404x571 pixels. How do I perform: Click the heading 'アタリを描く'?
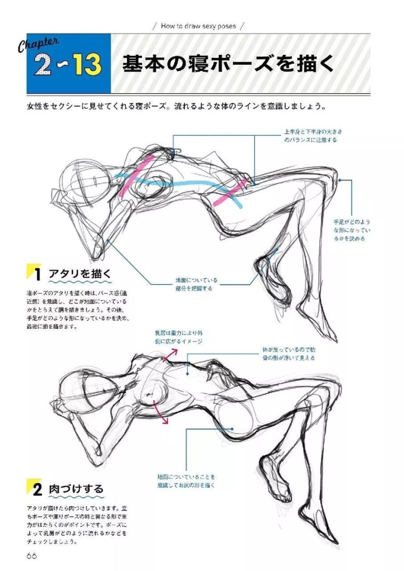(80, 274)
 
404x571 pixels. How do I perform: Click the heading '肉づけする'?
(75, 490)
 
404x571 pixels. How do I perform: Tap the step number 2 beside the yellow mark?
(37, 490)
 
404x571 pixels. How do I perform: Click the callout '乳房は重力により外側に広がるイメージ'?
(178, 337)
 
